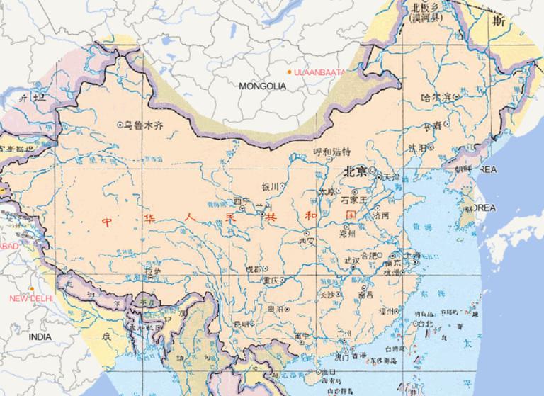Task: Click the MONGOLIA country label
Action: (x=262, y=86)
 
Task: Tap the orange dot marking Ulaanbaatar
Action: (x=289, y=72)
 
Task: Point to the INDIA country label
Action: (x=40, y=338)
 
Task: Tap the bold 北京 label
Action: (x=354, y=171)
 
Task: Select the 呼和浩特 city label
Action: (x=331, y=152)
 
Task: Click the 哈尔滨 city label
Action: (x=435, y=96)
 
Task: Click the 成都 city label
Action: (x=252, y=269)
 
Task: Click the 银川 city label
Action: (x=270, y=186)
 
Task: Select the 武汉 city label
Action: (x=351, y=261)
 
